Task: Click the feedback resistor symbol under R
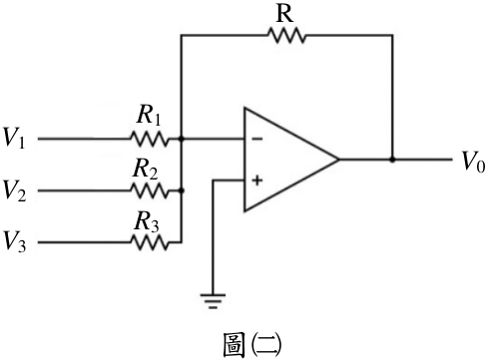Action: tap(286, 35)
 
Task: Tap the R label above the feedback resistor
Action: tap(284, 14)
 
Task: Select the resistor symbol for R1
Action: tap(150, 139)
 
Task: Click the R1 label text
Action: tap(149, 115)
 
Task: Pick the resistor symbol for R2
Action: tap(150, 190)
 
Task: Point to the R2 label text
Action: tap(146, 169)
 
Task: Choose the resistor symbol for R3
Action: tap(150, 242)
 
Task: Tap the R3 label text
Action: tap(147, 221)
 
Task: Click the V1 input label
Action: tap(14, 138)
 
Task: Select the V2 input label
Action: tap(14, 190)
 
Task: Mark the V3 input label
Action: tap(14, 242)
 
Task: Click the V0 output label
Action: tap(473, 162)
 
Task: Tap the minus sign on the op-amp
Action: tap(257, 139)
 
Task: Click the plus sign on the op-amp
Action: tap(257, 180)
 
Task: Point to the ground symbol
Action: tap(213, 301)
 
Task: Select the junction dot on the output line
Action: tap(392, 160)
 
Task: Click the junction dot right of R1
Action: tap(182, 139)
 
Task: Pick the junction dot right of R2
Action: tap(182, 190)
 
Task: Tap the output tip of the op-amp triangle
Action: tap(338, 160)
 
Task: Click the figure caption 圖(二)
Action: tap(251, 345)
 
